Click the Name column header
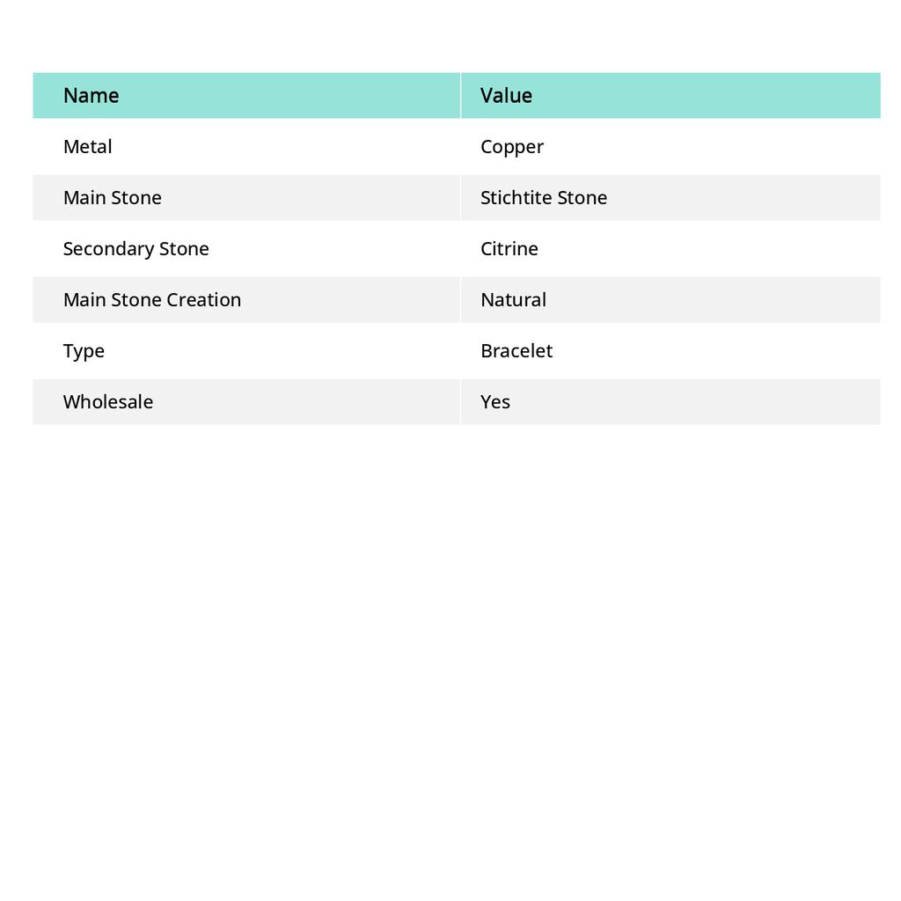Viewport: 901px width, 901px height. coord(92,96)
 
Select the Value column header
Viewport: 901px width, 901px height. coord(506,96)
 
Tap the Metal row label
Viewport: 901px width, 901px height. coord(88,147)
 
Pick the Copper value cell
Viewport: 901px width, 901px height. coord(512,147)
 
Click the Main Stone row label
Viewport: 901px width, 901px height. coord(113,198)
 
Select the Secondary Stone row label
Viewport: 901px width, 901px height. coord(136,249)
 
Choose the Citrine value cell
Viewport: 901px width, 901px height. coord(509,249)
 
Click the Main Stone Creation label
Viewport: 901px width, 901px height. coord(152,300)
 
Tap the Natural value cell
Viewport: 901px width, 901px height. coord(513,300)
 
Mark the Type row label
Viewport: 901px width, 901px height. coord(84,351)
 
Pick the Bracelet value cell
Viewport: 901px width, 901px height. coord(516,351)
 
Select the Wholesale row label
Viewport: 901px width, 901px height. coord(108,402)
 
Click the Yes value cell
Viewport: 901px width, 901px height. coord(495,402)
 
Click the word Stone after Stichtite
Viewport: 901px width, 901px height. coord(582,198)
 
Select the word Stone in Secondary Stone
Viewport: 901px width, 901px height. coord(184,249)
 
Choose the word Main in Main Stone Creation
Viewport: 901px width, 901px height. coord(84,300)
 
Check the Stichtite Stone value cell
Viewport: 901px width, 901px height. coord(544,198)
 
